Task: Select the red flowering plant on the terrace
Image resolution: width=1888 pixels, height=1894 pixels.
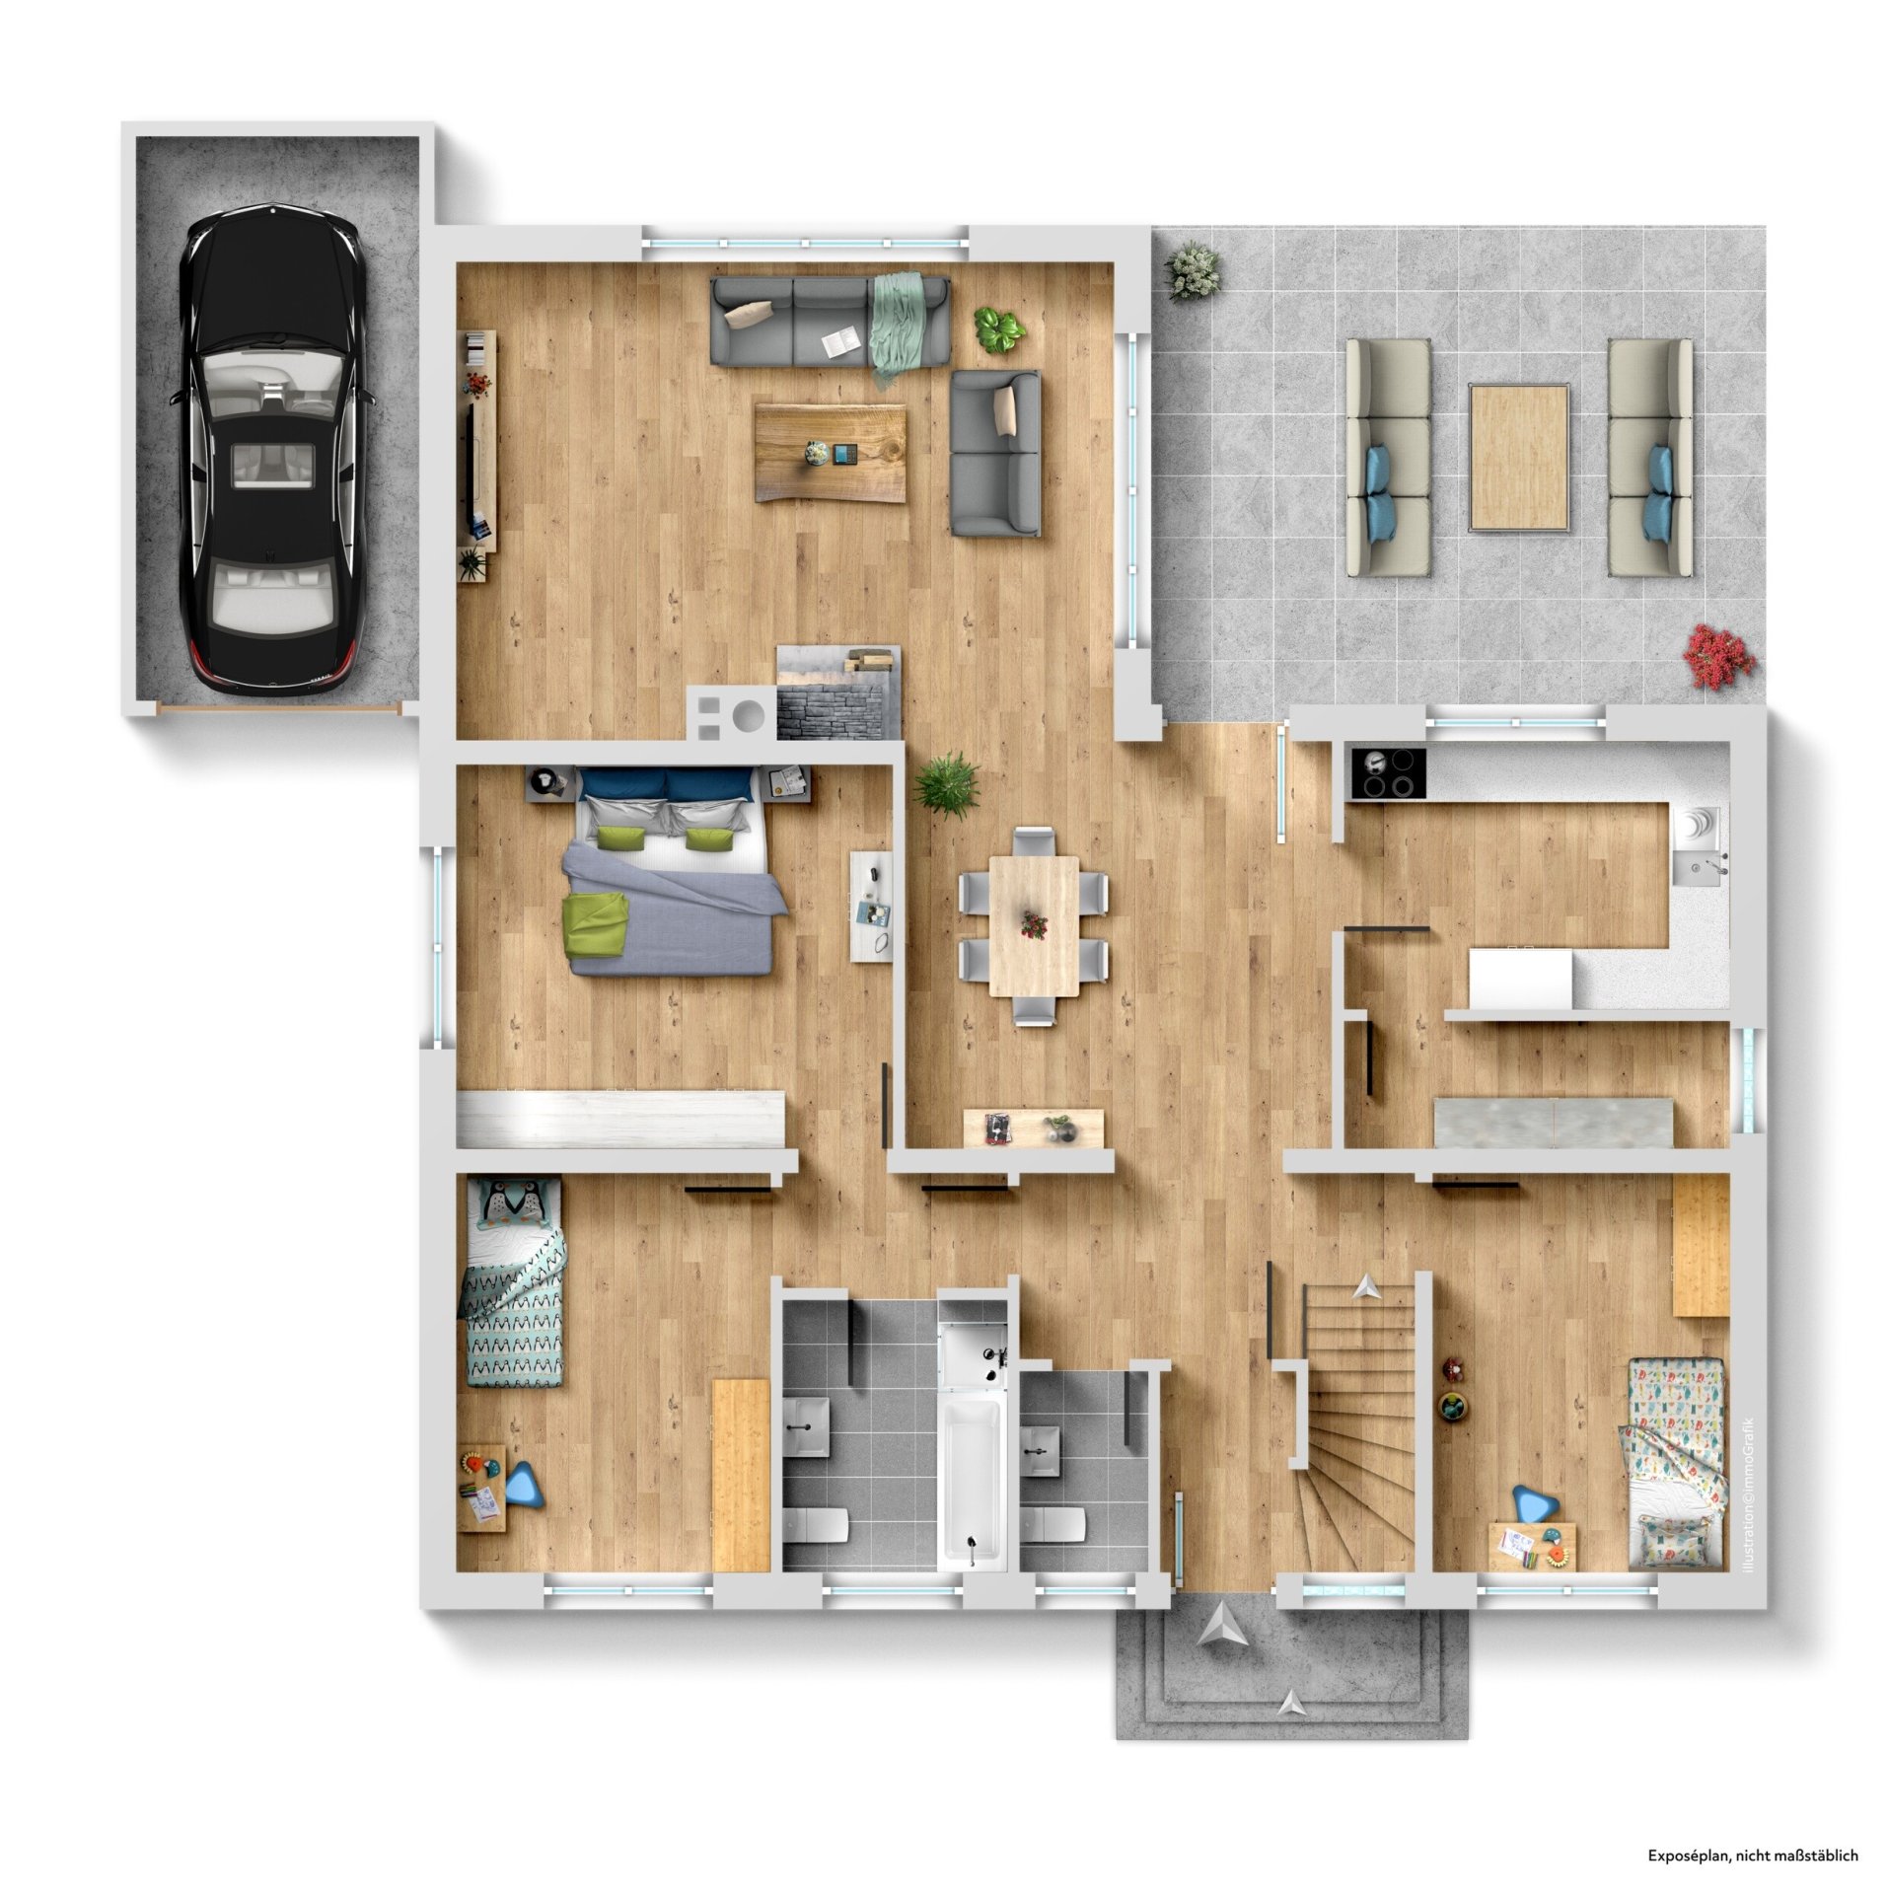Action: [1718, 655]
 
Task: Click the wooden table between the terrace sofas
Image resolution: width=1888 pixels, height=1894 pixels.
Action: [1518, 458]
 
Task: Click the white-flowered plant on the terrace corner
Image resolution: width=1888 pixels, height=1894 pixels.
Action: [1193, 268]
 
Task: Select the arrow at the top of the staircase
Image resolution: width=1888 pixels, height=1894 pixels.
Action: [1366, 1285]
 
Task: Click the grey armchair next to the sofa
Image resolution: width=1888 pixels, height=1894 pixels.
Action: [994, 453]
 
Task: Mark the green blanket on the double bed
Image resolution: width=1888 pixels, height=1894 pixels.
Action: [596, 923]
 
